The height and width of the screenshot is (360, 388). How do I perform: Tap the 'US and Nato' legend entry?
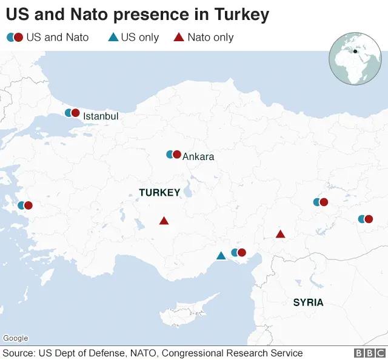point(48,38)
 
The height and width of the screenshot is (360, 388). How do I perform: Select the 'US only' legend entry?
point(133,38)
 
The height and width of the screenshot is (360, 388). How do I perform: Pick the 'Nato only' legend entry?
point(204,38)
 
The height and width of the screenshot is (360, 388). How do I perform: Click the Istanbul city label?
point(101,116)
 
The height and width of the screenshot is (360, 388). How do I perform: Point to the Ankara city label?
point(198,157)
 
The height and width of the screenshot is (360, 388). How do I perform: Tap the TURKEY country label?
point(159,193)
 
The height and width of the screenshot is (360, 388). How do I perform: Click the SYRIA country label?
point(308,302)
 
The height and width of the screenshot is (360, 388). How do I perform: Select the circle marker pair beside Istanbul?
point(72,113)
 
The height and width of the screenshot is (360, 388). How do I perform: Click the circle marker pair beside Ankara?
point(173,155)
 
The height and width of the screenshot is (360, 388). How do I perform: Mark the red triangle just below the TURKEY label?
point(164,221)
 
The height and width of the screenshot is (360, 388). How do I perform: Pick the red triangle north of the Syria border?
point(280,234)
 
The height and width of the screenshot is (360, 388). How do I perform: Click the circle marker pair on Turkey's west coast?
point(25,205)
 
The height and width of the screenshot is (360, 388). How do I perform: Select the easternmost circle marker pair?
point(365,219)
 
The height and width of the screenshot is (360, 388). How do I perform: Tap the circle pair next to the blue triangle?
point(238,253)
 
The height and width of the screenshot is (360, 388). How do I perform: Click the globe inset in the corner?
point(355,59)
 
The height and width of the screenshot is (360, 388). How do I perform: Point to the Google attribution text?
point(15,338)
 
